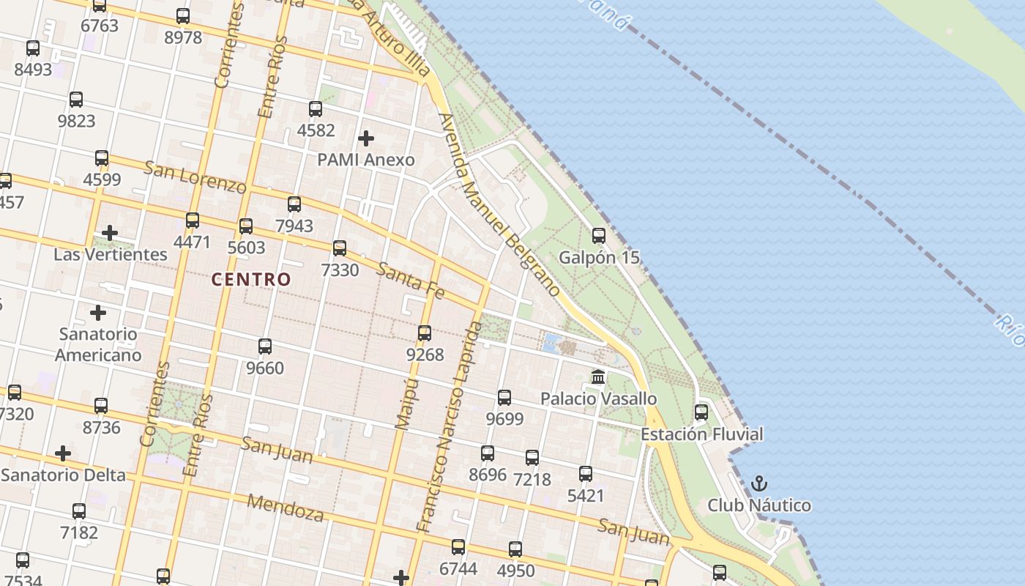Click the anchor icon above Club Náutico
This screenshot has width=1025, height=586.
pos(759,483)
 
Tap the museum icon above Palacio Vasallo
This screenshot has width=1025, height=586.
pos(598,377)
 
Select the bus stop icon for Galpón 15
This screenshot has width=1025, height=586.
pos(599,236)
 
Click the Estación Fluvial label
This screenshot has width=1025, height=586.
pos(701,434)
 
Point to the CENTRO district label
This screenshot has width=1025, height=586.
pos(251,279)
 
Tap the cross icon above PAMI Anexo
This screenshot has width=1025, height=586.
pos(365,138)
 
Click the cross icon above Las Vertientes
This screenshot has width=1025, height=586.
pos(110,233)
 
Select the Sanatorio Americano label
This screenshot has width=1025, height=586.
pos(98,344)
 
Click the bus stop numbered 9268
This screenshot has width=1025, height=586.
pos(425,333)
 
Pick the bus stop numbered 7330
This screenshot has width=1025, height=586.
pos(340,248)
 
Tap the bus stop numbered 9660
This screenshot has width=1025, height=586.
pos(265,346)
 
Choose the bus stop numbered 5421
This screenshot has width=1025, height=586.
pos(586,474)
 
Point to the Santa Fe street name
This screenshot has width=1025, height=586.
pos(411,280)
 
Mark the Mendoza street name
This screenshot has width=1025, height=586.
pos(286,507)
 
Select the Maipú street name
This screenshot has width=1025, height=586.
pos(406,403)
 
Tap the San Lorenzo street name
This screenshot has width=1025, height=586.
pos(195,177)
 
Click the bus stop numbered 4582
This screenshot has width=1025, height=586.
pos(316,109)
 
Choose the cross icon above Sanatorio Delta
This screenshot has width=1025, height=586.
pos(63,453)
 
